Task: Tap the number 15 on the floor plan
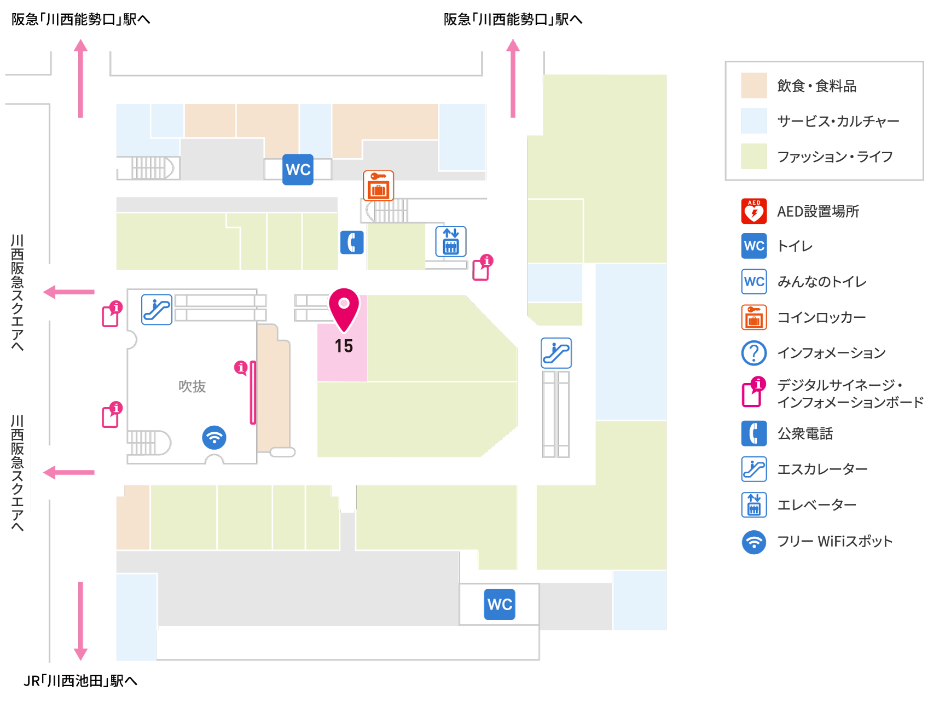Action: pos(344,346)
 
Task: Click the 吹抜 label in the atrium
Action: pos(192,386)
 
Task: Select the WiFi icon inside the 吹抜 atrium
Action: pos(214,438)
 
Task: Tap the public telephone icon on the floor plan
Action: pos(352,242)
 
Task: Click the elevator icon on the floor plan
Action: pos(451,241)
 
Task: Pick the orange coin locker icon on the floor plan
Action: pos(379,185)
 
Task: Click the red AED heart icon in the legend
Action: pos(754,211)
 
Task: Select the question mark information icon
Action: pos(754,353)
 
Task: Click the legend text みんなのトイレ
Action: pos(822,282)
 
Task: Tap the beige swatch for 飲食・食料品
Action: pos(754,85)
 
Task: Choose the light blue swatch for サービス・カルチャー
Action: pos(754,121)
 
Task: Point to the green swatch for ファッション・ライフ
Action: pos(754,156)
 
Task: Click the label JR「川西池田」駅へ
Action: pos(80,681)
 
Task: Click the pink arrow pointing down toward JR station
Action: pos(80,621)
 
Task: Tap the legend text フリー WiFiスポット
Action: pos(835,541)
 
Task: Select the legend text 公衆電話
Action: pos(805,433)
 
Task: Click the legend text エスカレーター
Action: pos(822,469)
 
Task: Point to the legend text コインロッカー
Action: pos(821,317)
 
